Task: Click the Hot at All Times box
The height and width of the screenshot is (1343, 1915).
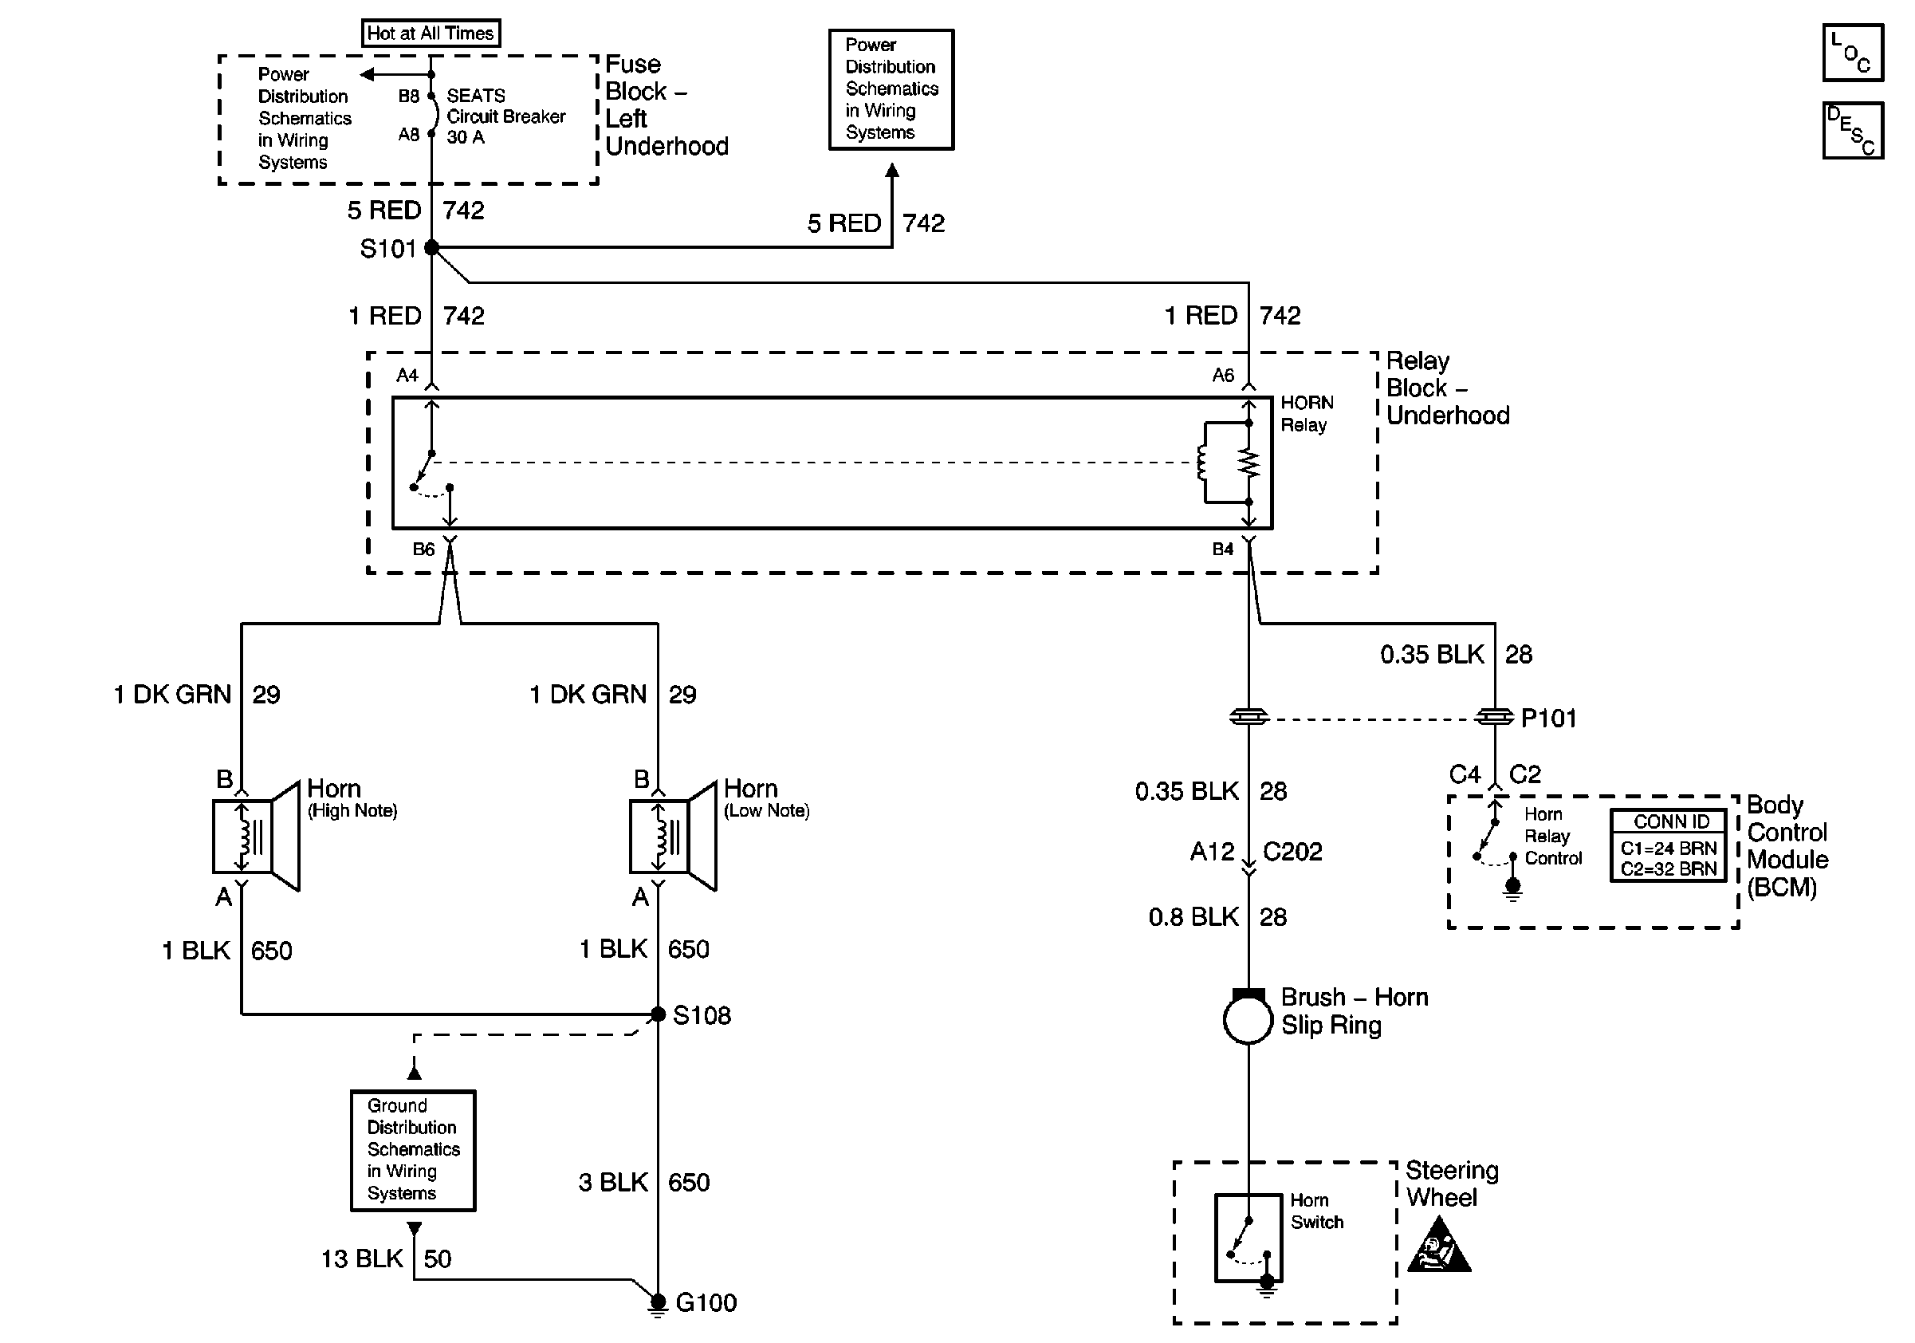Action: coord(431,33)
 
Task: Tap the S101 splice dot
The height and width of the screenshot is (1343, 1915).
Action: coord(432,247)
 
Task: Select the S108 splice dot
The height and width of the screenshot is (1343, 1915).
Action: coord(658,1014)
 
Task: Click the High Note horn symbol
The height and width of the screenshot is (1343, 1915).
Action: coord(255,837)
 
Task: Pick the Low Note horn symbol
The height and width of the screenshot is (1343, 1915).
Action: coord(672,837)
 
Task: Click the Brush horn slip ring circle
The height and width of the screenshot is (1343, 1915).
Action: coord(1248,1018)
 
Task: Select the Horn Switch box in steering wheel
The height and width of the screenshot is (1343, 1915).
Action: coord(1248,1239)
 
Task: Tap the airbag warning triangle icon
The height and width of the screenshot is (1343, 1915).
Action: coord(1439,1247)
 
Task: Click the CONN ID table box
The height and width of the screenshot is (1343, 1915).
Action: coord(1668,845)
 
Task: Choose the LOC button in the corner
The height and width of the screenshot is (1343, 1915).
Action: coord(1853,53)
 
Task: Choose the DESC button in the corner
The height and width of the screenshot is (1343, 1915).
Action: coord(1853,130)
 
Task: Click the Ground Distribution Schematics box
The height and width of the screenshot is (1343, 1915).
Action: coord(413,1150)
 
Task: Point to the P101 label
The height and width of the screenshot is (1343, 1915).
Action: coord(1549,719)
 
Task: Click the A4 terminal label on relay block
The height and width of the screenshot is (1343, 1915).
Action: coord(407,376)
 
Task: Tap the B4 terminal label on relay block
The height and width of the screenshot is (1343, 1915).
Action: coord(1223,549)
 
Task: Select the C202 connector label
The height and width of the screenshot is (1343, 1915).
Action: coord(1293,852)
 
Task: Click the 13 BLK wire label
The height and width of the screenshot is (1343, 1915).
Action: coord(362,1258)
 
